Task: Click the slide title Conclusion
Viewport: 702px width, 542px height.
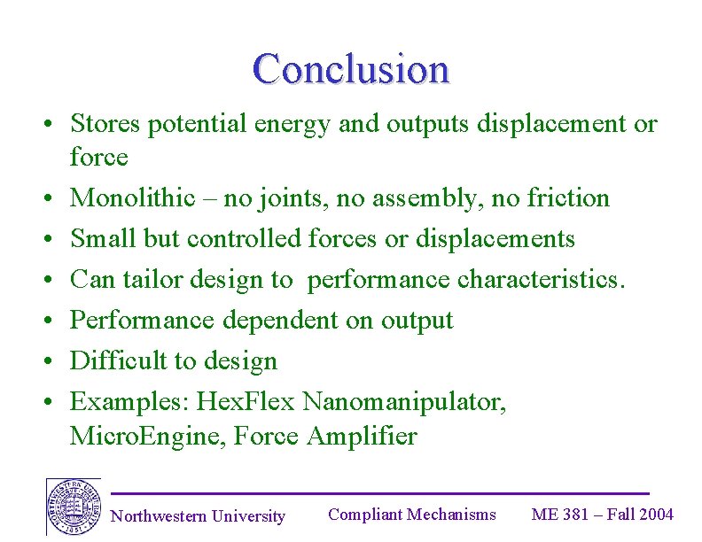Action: [351, 69]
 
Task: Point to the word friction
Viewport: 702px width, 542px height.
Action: [568, 197]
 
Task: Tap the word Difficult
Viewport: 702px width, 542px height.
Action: [114, 360]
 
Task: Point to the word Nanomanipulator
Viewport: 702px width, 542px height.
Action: [405, 402]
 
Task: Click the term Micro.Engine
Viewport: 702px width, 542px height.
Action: [148, 436]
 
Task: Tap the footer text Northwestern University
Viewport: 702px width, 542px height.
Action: [198, 516]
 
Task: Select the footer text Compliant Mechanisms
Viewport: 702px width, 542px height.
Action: [412, 515]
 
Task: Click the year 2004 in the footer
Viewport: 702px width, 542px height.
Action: [656, 515]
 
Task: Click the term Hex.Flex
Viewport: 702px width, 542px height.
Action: [246, 402]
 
